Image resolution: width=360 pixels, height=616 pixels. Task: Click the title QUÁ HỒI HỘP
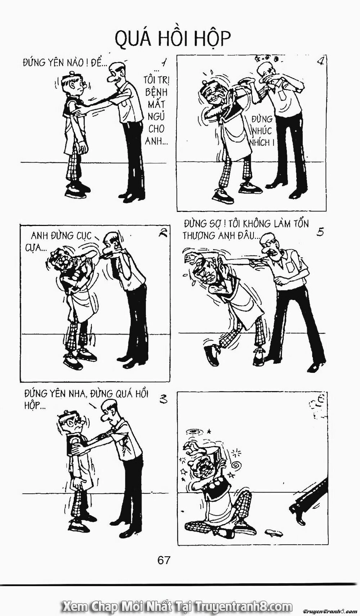point(172,39)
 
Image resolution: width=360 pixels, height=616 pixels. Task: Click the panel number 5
point(320,232)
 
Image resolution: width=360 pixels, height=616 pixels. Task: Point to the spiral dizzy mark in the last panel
point(237,465)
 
